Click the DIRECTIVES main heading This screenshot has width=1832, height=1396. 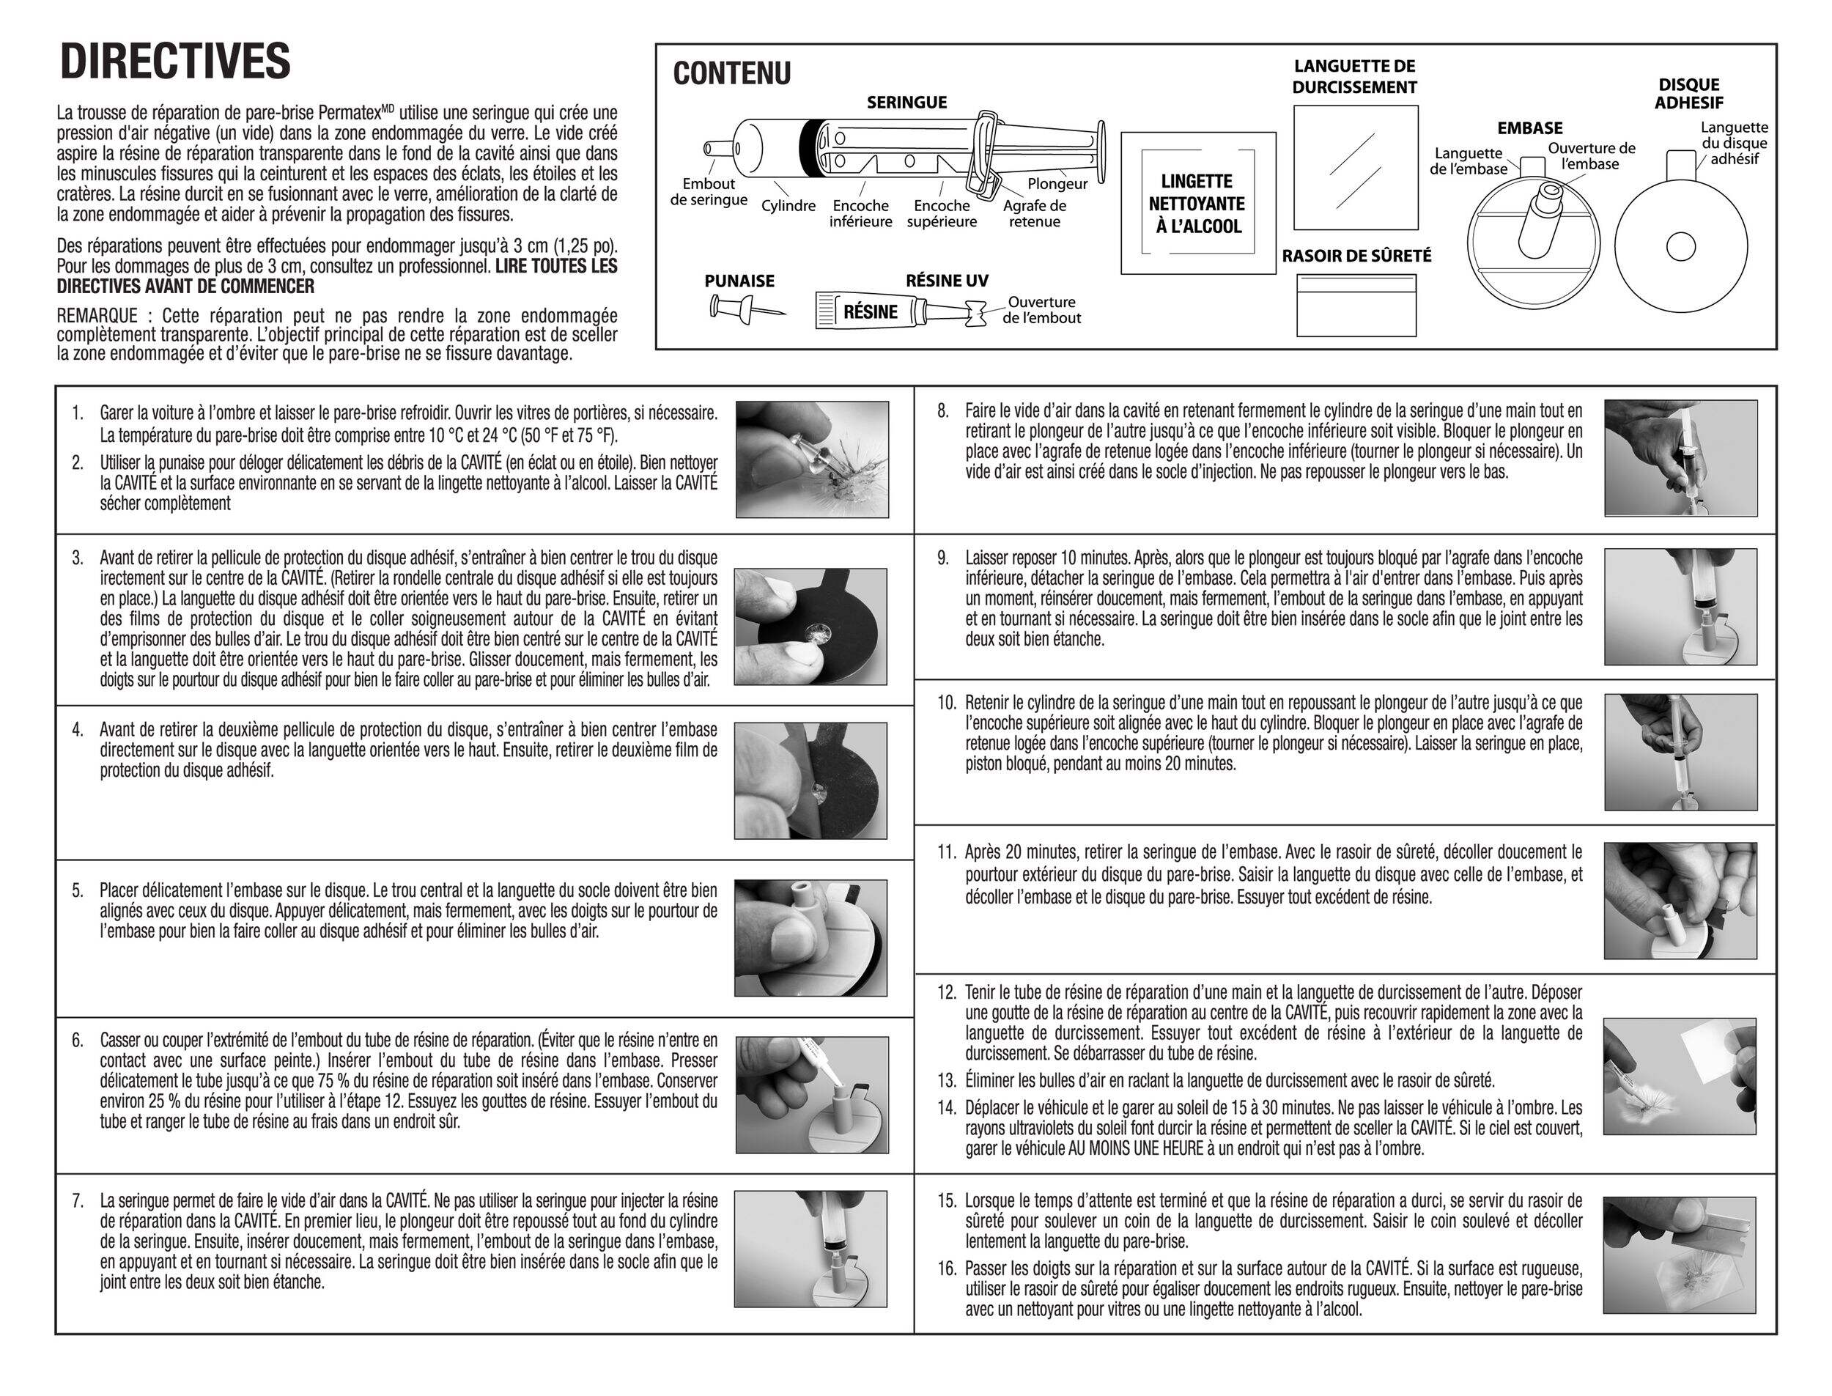[x=175, y=62]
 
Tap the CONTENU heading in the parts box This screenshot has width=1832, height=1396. [x=731, y=74]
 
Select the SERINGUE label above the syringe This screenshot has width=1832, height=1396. [x=906, y=102]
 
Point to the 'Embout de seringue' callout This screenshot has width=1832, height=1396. [x=708, y=192]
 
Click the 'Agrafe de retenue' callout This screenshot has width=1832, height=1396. [x=1035, y=213]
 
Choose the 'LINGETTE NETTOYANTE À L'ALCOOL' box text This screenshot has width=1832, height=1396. [x=1197, y=204]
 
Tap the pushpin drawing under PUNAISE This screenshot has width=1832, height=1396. [x=745, y=309]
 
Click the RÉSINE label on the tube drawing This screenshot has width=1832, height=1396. [x=870, y=312]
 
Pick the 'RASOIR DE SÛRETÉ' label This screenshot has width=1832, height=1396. [x=1356, y=256]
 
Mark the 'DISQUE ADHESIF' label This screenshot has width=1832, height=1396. [x=1688, y=94]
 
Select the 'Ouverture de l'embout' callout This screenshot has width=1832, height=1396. [x=1042, y=310]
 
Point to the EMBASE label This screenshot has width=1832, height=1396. [x=1529, y=128]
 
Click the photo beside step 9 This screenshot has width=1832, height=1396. [x=1680, y=606]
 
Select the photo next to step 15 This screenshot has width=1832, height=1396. [x=1680, y=1255]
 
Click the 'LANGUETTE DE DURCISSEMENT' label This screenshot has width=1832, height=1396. [x=1354, y=76]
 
